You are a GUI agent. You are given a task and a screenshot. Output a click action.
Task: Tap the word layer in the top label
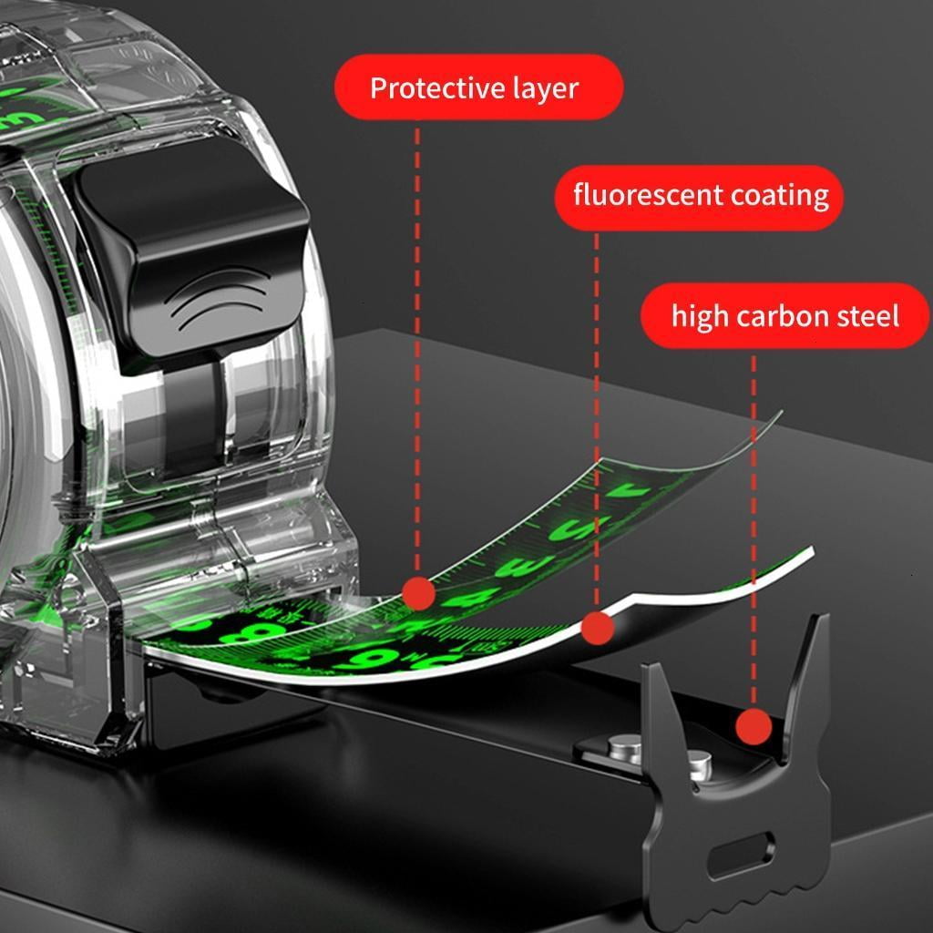(x=546, y=89)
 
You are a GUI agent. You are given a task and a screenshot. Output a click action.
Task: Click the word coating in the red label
(x=779, y=196)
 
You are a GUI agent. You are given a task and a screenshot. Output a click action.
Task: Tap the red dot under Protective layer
(x=418, y=593)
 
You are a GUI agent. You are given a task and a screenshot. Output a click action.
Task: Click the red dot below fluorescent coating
(x=598, y=628)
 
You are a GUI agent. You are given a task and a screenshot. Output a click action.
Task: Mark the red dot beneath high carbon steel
(x=754, y=726)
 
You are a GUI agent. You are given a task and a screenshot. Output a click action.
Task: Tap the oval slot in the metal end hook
(x=741, y=856)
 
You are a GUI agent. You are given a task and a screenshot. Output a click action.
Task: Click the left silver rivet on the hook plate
(x=624, y=749)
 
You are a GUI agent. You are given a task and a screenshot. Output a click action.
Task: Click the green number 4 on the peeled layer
(x=471, y=599)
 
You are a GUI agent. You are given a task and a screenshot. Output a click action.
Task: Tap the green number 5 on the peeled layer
(x=573, y=528)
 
